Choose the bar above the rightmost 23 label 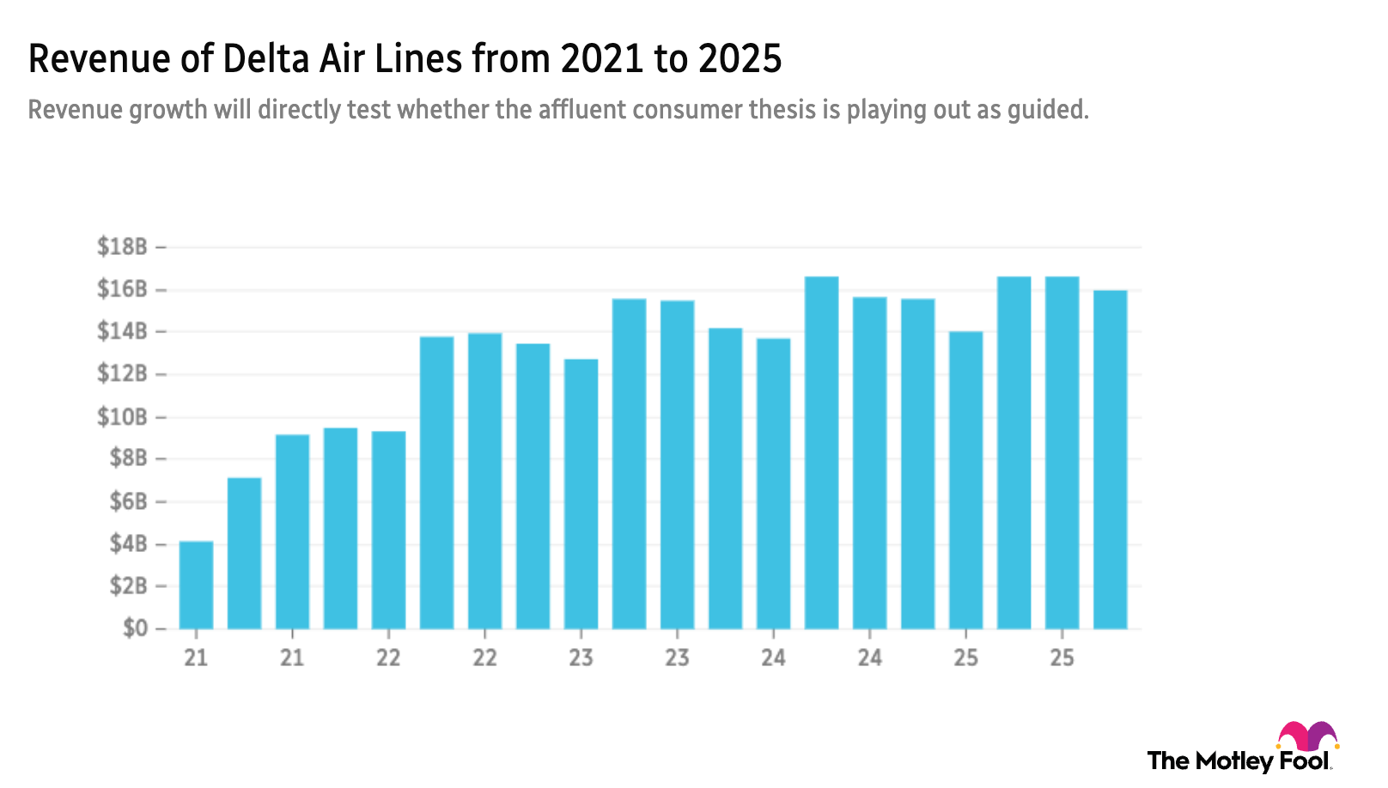677,464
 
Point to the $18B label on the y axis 122,247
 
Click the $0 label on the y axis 135,630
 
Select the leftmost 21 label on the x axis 196,658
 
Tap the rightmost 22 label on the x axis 484,658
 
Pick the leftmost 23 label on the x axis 581,658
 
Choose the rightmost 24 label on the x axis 869,658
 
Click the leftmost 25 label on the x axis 965,658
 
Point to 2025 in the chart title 740,58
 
